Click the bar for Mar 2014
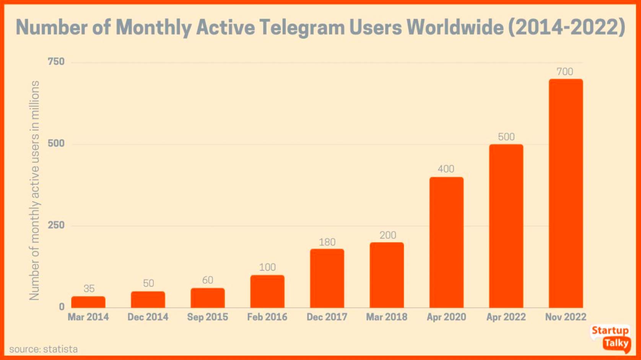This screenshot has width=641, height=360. (88, 302)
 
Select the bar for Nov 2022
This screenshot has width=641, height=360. (566, 193)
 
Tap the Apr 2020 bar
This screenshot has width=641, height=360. (446, 242)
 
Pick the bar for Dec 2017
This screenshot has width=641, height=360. (327, 278)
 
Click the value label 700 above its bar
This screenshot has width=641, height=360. (565, 71)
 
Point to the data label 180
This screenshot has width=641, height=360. (327, 242)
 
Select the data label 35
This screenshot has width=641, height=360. (89, 289)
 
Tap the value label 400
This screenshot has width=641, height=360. (446, 169)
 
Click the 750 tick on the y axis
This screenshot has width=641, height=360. (56, 62)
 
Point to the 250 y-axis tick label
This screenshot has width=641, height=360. (56, 225)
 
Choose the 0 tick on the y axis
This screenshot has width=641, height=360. (62, 306)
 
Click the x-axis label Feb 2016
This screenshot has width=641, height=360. (267, 317)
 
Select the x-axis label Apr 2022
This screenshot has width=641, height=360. (506, 317)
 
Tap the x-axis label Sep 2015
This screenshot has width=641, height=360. (207, 317)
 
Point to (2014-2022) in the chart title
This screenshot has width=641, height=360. (567, 28)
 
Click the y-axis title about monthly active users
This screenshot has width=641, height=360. (34, 190)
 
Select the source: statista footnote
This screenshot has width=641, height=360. (43, 349)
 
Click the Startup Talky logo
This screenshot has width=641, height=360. (611, 337)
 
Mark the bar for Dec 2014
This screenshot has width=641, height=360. (148, 300)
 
